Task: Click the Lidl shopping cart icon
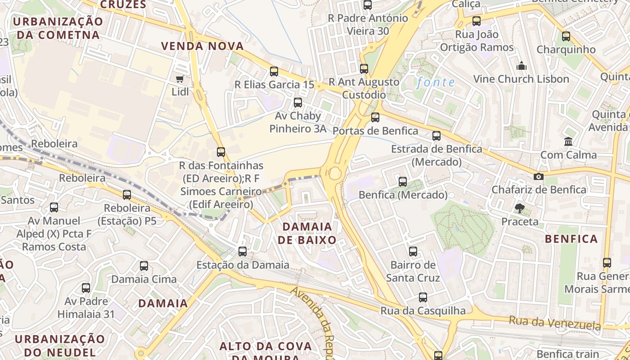pyautogui.click(x=180, y=79)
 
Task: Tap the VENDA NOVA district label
pyautogui.click(x=202, y=46)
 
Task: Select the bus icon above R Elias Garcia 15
pyautogui.click(x=274, y=71)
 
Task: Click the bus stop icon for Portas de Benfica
pyautogui.click(x=375, y=117)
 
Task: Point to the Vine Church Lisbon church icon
pyautogui.click(x=522, y=66)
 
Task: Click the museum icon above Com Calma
pyautogui.click(x=568, y=142)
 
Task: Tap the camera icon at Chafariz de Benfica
pyautogui.click(x=538, y=176)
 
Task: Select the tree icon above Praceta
pyautogui.click(x=520, y=208)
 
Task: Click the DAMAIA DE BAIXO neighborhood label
pyautogui.click(x=307, y=233)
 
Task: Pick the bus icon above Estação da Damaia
pyautogui.click(x=243, y=251)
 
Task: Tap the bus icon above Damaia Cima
pyautogui.click(x=144, y=265)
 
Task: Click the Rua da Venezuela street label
pyautogui.click(x=555, y=323)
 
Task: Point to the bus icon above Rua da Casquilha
pyautogui.click(x=423, y=297)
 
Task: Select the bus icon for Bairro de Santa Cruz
pyautogui.click(x=413, y=251)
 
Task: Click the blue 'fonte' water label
pyautogui.click(x=436, y=82)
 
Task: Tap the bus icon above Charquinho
pyautogui.click(x=566, y=36)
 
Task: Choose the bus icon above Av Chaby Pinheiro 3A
pyautogui.click(x=297, y=102)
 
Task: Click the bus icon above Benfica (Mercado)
pyautogui.click(x=403, y=181)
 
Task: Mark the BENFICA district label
pyautogui.click(x=571, y=239)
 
